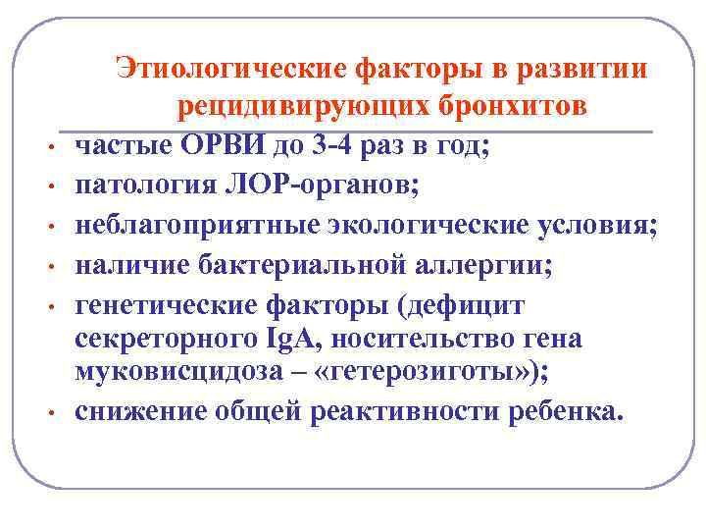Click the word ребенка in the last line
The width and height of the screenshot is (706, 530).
pyautogui.click(x=571, y=412)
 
